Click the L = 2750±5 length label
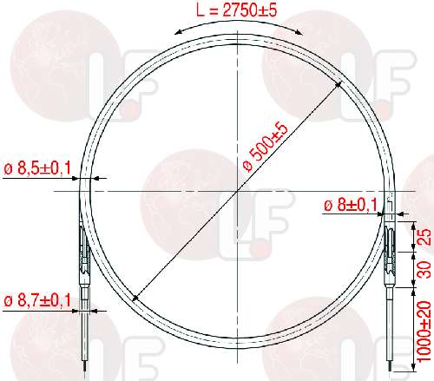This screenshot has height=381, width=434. [236, 10]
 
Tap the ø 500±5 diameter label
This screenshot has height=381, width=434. [266, 148]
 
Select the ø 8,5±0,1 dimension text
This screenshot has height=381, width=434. [37, 168]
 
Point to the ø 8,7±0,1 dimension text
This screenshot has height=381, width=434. [37, 300]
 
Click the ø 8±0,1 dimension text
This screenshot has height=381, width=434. [351, 206]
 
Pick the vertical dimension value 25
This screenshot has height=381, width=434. [424, 237]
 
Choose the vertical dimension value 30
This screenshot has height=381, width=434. [424, 270]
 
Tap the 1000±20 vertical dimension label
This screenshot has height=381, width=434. [424, 332]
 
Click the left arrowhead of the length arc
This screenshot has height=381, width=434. [179, 32]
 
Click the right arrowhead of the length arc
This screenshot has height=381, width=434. [298, 32]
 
